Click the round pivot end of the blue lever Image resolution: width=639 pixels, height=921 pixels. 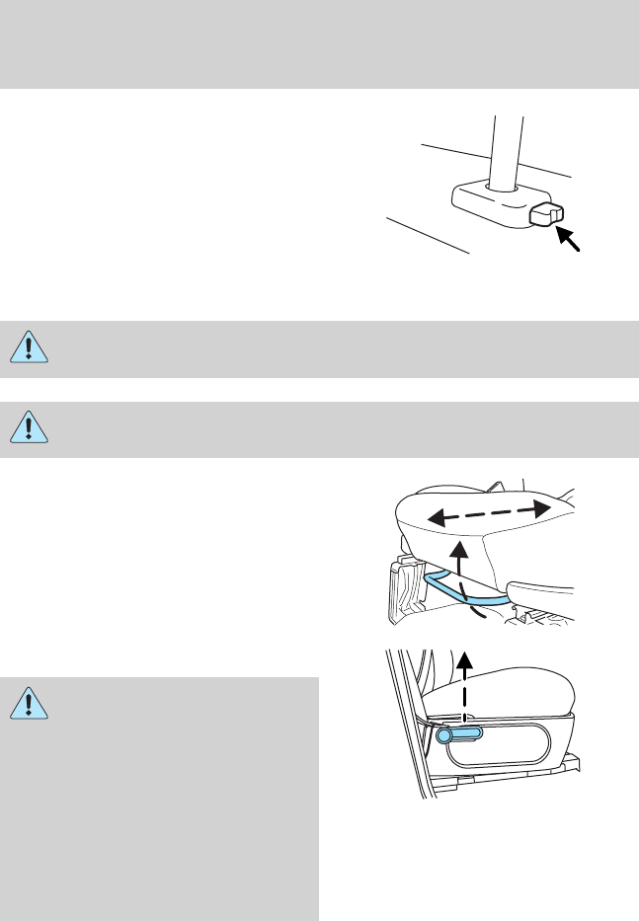pos(444,734)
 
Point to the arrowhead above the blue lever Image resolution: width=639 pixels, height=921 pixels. pos(469,660)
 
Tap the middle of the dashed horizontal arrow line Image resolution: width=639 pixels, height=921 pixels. pos(488,510)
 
